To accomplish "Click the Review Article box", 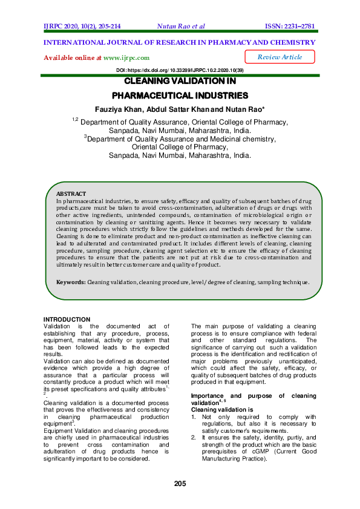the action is (x=280, y=57).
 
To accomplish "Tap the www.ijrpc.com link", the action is (x=126, y=57).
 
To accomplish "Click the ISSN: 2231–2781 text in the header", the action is (x=290, y=27).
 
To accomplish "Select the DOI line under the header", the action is (x=180, y=71).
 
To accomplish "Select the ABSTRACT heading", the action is (x=71, y=193).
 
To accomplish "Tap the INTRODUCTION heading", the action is (x=67, y=319).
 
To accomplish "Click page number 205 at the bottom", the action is (x=180, y=483).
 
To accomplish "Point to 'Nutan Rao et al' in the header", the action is (x=180, y=27).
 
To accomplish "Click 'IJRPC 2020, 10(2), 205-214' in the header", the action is (x=82, y=27).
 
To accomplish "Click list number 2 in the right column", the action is (x=194, y=436).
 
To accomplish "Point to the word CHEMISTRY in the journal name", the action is (x=290, y=42).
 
